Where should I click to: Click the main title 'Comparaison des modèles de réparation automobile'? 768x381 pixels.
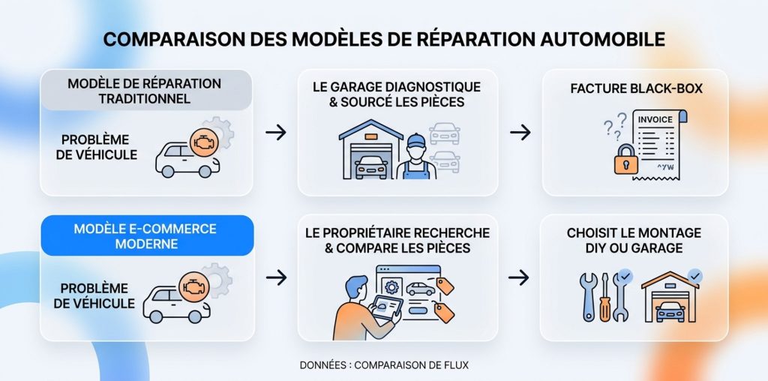click(x=384, y=39)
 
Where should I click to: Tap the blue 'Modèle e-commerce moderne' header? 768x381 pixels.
click(x=147, y=235)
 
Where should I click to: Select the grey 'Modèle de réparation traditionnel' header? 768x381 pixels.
click(x=145, y=90)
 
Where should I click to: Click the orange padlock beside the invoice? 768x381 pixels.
click(x=626, y=159)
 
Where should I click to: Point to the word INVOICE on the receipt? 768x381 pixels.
click(x=655, y=119)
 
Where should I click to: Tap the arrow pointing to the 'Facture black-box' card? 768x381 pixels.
click(x=520, y=132)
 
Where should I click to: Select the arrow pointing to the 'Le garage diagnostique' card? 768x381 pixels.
click(x=276, y=132)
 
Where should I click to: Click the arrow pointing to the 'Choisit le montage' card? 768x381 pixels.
click(x=519, y=277)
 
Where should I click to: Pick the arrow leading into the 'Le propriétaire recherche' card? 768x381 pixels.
click(x=276, y=277)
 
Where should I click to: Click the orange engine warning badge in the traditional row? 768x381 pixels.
click(x=204, y=142)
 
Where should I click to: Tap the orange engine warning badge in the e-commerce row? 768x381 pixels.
click(x=194, y=286)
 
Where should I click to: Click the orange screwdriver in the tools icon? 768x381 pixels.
click(x=605, y=297)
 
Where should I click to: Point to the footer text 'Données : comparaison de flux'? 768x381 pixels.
click(x=384, y=365)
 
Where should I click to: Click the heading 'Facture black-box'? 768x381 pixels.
click(x=636, y=88)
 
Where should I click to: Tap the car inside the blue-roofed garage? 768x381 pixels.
click(x=371, y=168)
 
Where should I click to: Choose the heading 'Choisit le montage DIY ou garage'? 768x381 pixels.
click(x=634, y=240)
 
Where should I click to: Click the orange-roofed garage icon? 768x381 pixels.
click(x=670, y=297)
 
